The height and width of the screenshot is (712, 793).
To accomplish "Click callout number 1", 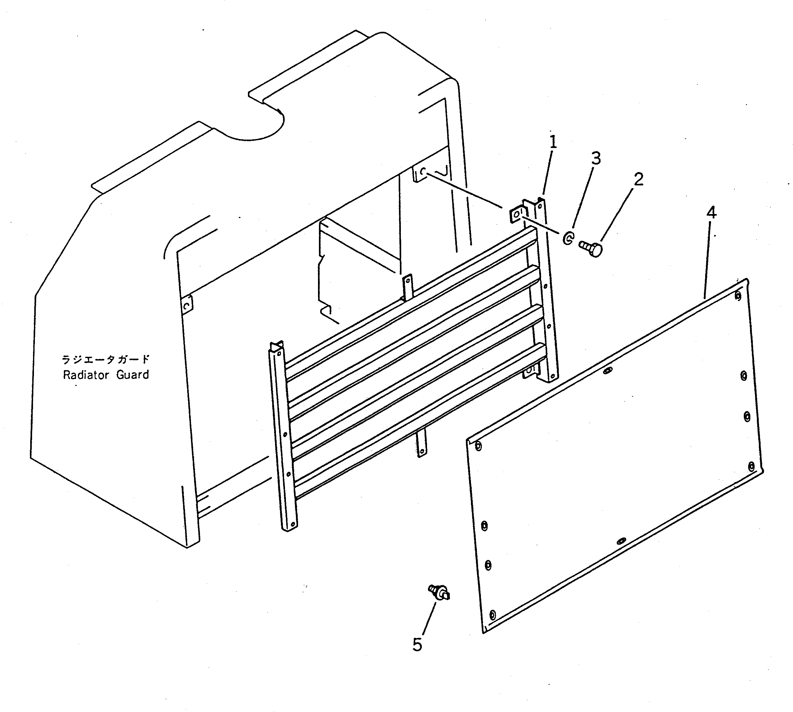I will pyautogui.click(x=553, y=142).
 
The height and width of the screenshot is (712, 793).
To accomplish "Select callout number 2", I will pyautogui.click(x=638, y=179).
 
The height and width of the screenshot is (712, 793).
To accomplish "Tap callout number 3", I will pyautogui.click(x=595, y=158).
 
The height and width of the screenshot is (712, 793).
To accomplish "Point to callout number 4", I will pyautogui.click(x=711, y=213).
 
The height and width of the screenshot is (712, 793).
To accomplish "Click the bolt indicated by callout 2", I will pyautogui.click(x=591, y=248).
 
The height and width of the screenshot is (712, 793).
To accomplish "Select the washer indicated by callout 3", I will pyautogui.click(x=568, y=238).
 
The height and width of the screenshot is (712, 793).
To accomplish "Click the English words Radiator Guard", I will pyautogui.click(x=106, y=375).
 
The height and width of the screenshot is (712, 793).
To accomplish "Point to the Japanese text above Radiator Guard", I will pyautogui.click(x=106, y=359).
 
